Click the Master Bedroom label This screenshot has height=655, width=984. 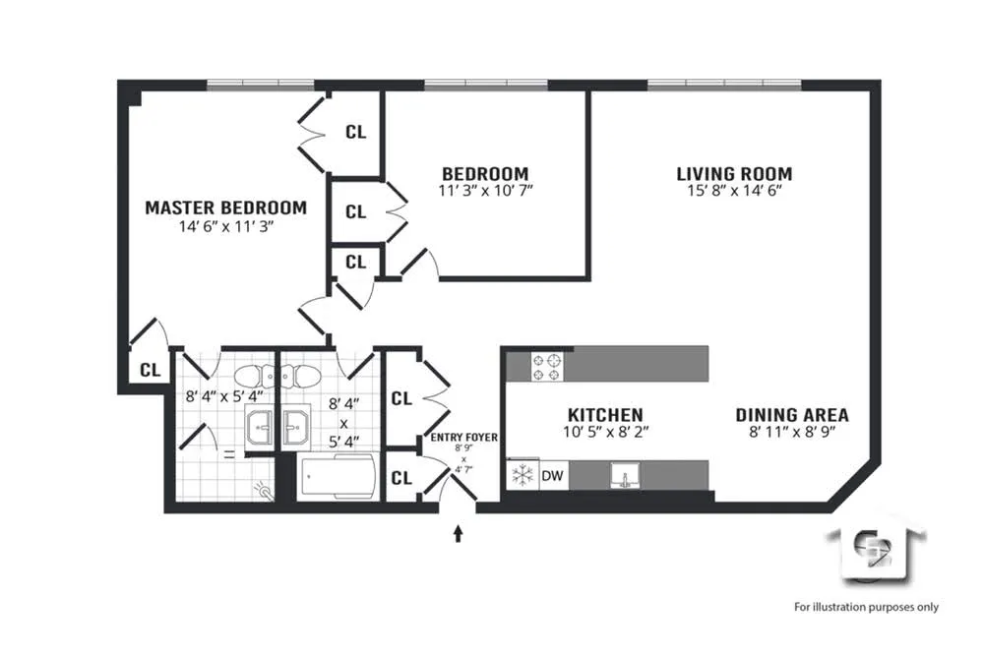click(x=225, y=208)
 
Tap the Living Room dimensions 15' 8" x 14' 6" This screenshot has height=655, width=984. click(x=734, y=192)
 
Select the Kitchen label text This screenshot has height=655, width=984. click(x=605, y=415)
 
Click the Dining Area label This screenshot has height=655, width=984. click(x=792, y=415)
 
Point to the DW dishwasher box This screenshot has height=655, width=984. click(x=553, y=476)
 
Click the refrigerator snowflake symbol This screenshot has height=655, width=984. click(x=523, y=476)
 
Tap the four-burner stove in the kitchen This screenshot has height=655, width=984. click(x=548, y=367)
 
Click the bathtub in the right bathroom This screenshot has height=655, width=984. click(x=337, y=479)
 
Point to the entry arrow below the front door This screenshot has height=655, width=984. click(x=458, y=533)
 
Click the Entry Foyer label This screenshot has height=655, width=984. click(x=463, y=438)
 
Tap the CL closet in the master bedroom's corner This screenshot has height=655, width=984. click(x=150, y=371)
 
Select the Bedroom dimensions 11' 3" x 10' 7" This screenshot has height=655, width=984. click(x=484, y=190)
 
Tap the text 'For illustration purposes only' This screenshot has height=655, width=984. click(x=866, y=607)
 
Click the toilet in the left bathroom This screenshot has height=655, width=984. click(x=251, y=375)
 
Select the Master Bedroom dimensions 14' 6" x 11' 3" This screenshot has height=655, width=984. click(x=225, y=225)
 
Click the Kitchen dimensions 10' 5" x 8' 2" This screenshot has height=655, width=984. click(x=605, y=431)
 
